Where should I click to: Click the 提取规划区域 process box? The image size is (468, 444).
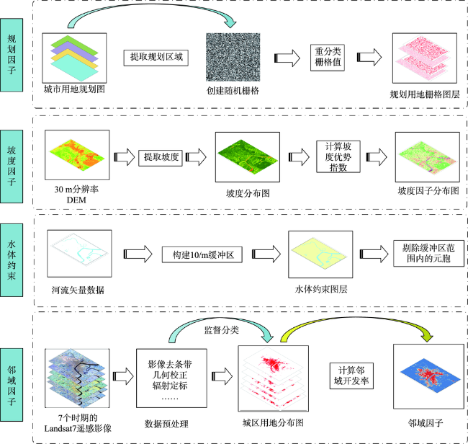tap(156, 58)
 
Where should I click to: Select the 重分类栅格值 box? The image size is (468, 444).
tap(328, 58)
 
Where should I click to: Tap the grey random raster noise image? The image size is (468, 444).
tap(233, 57)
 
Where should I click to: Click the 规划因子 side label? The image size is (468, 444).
tap(12, 55)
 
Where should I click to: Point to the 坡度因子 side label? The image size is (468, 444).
tap(12, 166)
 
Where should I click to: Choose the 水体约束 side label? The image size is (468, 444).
tap(12, 260)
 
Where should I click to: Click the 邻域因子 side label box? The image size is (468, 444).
tap(12, 385)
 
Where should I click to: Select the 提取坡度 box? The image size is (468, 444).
tap(161, 158)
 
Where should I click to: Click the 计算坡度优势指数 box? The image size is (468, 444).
tap(338, 156)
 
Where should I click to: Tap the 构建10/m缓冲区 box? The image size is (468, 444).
tap(202, 254)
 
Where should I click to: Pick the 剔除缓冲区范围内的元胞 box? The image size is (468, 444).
tap(428, 254)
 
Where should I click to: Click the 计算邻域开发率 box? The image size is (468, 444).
tap(351, 376)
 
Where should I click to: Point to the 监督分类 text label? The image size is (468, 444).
tap(222, 330)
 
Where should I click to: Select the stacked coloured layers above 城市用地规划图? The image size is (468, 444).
tap(74, 58)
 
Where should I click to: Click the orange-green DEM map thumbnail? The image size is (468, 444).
tap(77, 155)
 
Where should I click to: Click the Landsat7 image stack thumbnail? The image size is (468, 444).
tap(77, 378)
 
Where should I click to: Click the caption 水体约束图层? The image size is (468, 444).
tap(321, 289)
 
